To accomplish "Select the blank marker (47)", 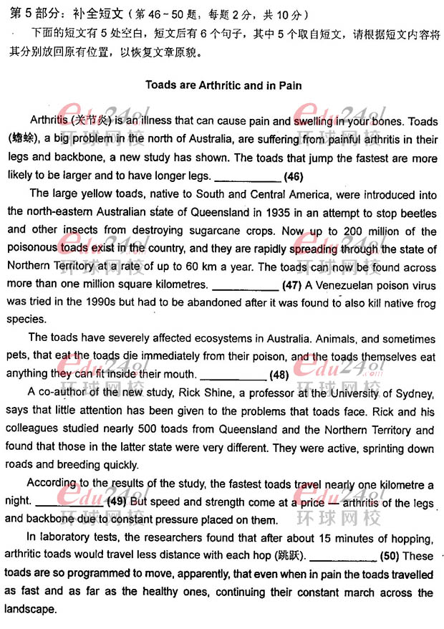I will click(x=291, y=284).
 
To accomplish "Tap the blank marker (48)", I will click(x=279, y=375).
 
